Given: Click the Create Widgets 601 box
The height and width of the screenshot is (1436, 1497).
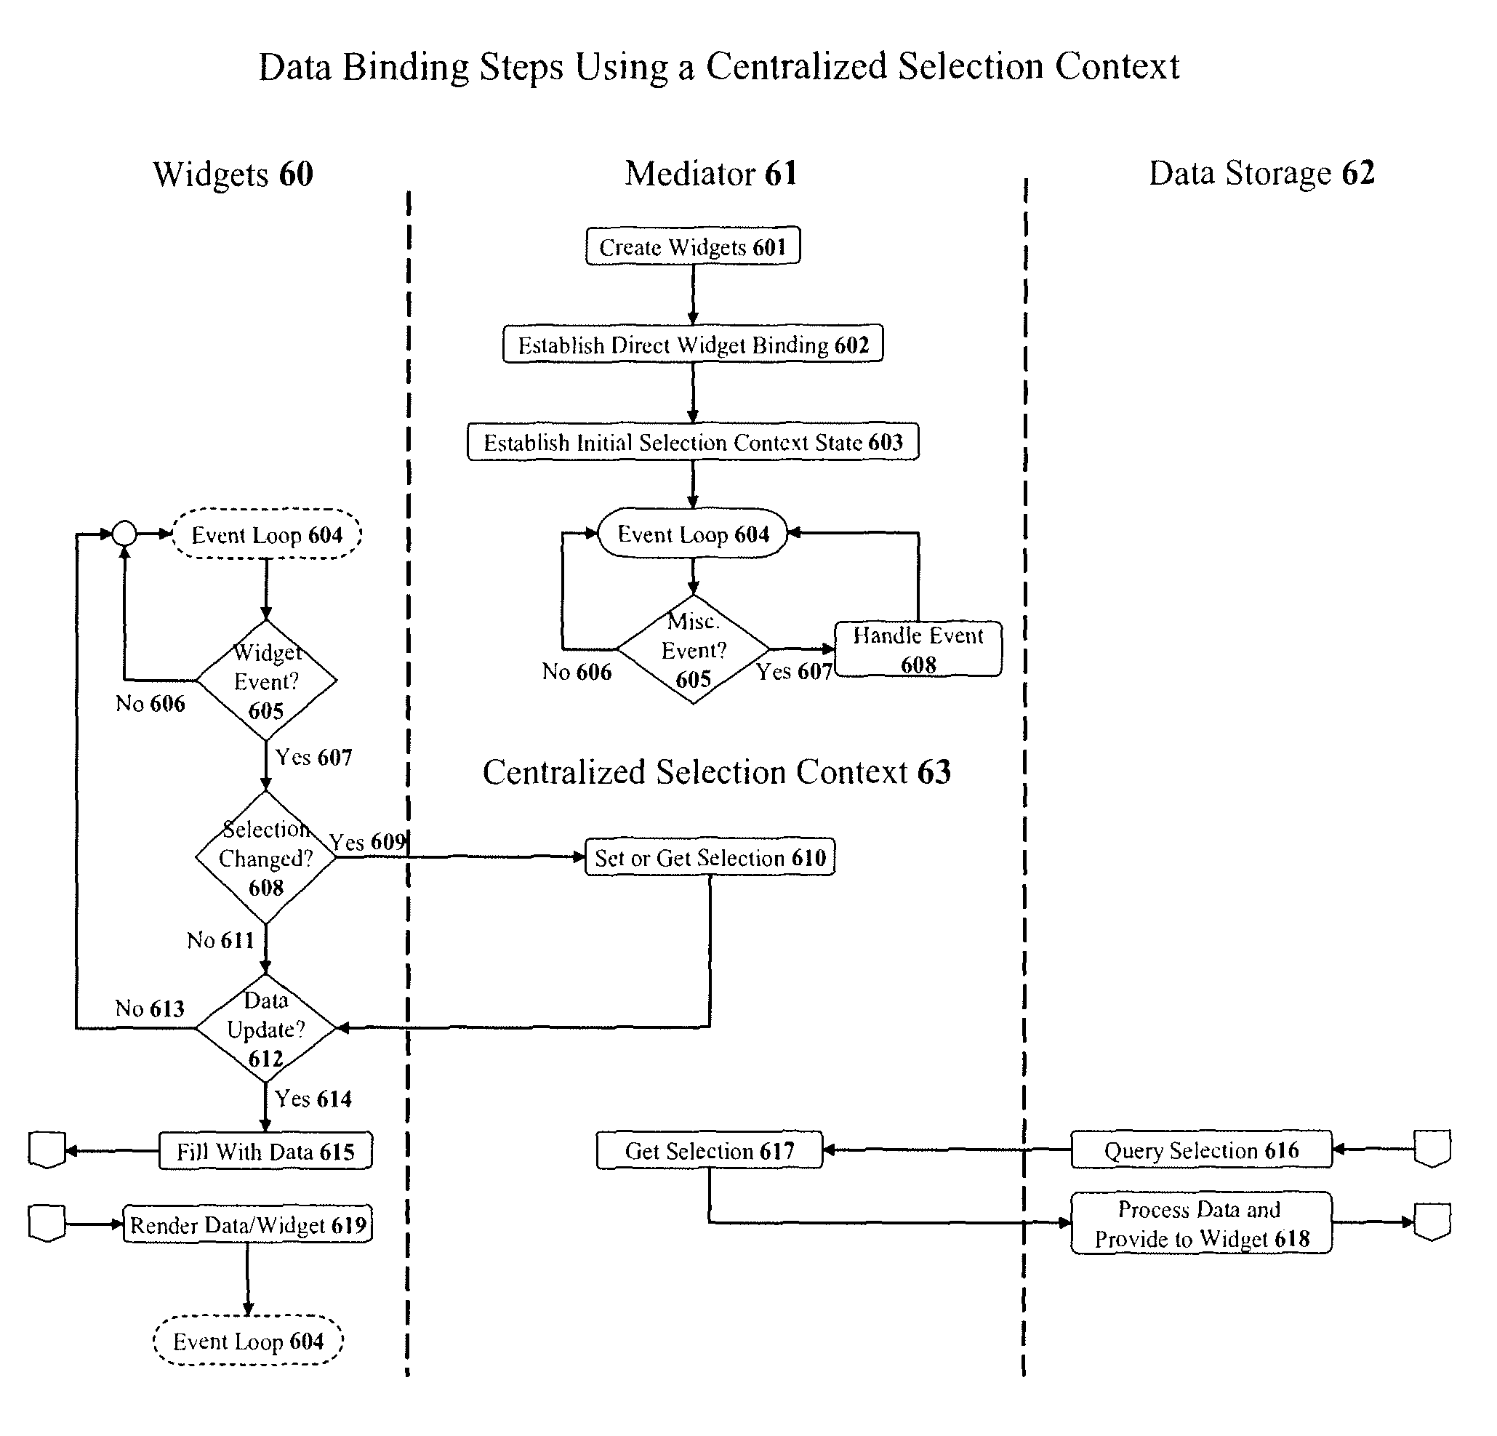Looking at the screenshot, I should pyautogui.click(x=693, y=246).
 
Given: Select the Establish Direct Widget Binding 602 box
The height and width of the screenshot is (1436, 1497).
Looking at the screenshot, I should pyautogui.click(x=693, y=344).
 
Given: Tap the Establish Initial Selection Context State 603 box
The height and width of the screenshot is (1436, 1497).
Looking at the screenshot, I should pyautogui.click(x=693, y=441).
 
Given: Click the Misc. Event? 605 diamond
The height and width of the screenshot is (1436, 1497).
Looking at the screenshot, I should pyautogui.click(x=693, y=649).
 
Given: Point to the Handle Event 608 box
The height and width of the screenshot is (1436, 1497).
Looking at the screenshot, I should pyautogui.click(x=918, y=649).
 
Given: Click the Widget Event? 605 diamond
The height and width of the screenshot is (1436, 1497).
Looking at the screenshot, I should pyautogui.click(x=266, y=680).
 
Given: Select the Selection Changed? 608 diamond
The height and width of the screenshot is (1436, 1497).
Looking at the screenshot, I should pyautogui.click(x=266, y=857).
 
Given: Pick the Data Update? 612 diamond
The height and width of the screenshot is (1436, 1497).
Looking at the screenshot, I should pyautogui.click(x=266, y=1028).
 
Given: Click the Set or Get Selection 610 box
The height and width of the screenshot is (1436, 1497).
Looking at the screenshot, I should pyautogui.click(x=710, y=857).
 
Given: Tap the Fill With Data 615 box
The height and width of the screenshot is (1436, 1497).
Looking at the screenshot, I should pyautogui.click(x=266, y=1151).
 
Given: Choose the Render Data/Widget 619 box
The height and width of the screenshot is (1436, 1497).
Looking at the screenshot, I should pyautogui.click(x=247, y=1224).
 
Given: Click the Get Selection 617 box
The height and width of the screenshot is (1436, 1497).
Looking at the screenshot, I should pyautogui.click(x=710, y=1150).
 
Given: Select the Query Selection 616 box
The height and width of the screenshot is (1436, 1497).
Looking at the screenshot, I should pyautogui.click(x=1200, y=1150).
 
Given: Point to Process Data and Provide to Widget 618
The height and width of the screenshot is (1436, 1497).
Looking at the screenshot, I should pyautogui.click(x=1200, y=1223).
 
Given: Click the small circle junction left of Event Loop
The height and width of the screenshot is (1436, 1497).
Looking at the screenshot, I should pyautogui.click(x=124, y=533).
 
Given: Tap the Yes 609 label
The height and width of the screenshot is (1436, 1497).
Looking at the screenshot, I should pyautogui.click(x=367, y=842).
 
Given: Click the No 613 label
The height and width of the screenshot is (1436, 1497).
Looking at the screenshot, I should pyautogui.click(x=150, y=1008).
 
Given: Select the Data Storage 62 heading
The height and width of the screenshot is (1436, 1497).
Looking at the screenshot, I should pyautogui.click(x=1261, y=173).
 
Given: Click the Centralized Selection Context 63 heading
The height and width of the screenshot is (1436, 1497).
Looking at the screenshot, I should pyautogui.click(x=716, y=772).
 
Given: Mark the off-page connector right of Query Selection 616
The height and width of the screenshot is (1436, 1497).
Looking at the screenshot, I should pyautogui.click(x=1432, y=1149).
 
